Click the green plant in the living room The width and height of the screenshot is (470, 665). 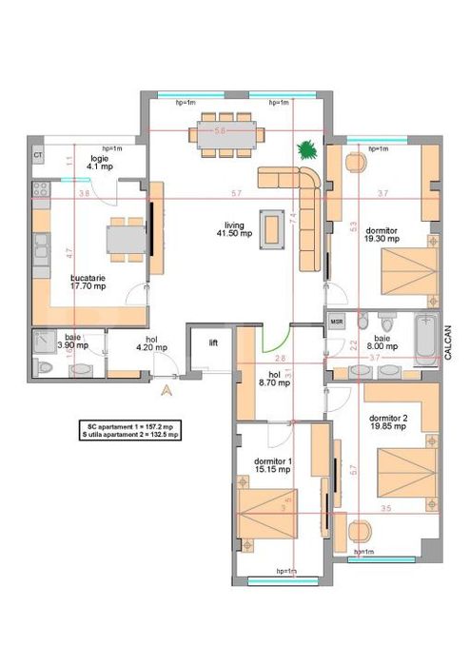click(x=306, y=149)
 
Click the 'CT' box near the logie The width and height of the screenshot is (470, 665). click(x=38, y=154)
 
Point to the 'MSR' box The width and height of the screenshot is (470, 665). click(x=336, y=322)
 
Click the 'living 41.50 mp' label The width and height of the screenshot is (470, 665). click(x=232, y=229)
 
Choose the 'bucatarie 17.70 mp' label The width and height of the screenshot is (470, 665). click(x=89, y=282)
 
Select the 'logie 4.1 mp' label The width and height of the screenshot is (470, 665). click(x=100, y=162)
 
